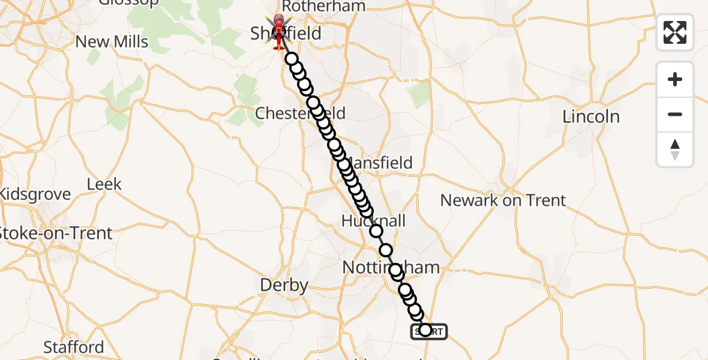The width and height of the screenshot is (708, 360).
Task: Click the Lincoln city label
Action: coord(591,116)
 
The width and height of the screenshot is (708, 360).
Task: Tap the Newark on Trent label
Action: coord(503,200)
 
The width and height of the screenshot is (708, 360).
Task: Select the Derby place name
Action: coord(285,286)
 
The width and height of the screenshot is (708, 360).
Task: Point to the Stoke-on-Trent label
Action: coord(56,233)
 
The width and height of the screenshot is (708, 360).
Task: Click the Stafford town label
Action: coord(73,347)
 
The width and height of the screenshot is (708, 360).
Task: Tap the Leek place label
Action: coord(104,184)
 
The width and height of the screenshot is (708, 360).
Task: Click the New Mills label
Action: coord(112,42)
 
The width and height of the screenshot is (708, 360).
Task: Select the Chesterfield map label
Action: coord(300,113)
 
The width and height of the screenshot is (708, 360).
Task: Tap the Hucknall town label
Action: coord(373,221)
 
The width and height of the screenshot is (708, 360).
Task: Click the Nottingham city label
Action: coord(391,267)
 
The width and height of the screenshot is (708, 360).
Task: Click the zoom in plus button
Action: coord(675,79)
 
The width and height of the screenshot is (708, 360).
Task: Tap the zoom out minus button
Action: coord(675,114)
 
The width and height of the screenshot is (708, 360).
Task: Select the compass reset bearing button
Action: coord(675,149)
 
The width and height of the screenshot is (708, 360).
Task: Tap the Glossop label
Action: coord(129,2)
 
